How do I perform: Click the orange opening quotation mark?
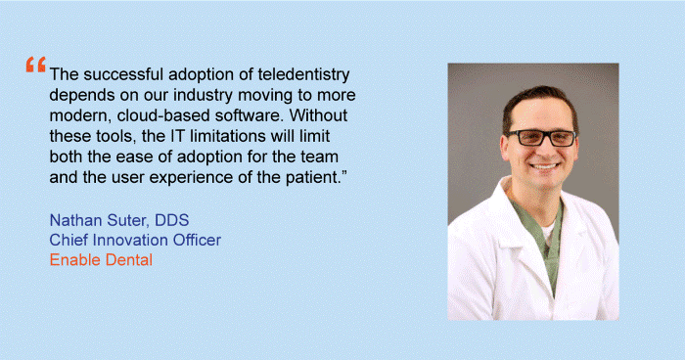(x=36, y=66)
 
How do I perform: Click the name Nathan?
(x=75, y=218)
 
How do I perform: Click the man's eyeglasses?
(x=537, y=137)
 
